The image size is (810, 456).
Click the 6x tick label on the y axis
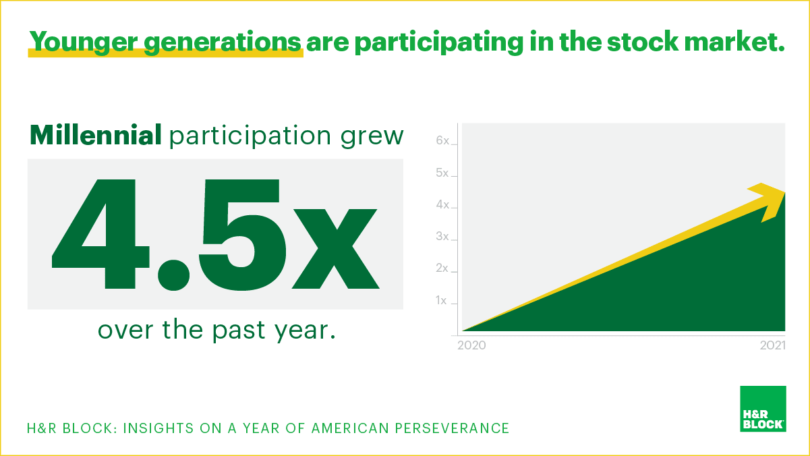point(442,140)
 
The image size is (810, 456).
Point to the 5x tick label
point(442,173)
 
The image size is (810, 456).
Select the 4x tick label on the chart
point(442,204)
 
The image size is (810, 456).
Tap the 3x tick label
point(442,237)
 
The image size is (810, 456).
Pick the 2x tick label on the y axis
point(442,268)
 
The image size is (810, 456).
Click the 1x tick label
point(441,300)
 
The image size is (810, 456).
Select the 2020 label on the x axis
point(471,345)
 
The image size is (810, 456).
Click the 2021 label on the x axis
point(773,345)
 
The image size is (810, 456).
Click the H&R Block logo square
point(763,409)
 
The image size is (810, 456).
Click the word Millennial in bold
point(96,135)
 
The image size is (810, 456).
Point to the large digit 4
point(100,234)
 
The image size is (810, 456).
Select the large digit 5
point(242,235)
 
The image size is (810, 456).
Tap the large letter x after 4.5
point(335,249)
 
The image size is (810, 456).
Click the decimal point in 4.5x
point(173,275)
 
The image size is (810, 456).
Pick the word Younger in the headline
point(84,42)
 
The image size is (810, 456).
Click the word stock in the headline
point(642,41)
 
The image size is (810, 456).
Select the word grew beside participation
point(372,138)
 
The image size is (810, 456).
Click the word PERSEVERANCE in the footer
point(452,428)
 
